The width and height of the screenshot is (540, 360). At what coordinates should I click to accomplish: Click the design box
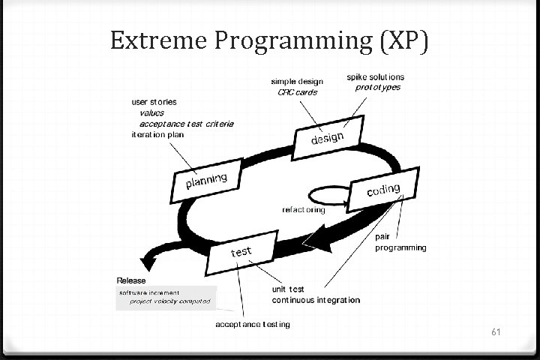(x=328, y=139)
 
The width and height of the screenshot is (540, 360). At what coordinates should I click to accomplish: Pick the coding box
(x=383, y=190)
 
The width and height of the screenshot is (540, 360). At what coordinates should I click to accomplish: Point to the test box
(x=241, y=251)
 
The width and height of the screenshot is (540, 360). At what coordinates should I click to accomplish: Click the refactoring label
(x=303, y=210)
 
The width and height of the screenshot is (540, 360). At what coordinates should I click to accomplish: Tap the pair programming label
(x=400, y=241)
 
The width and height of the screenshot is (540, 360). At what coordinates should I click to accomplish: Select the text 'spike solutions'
(x=375, y=76)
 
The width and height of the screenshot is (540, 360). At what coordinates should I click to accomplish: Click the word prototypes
(x=378, y=87)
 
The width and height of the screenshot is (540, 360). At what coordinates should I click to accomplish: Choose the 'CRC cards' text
(x=297, y=92)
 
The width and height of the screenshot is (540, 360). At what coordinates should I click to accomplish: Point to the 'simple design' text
(x=298, y=82)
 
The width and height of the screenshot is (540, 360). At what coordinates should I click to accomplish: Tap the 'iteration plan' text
(x=157, y=134)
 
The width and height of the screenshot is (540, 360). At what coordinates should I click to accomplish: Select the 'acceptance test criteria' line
(x=187, y=124)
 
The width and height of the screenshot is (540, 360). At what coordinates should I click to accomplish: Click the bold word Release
(x=131, y=280)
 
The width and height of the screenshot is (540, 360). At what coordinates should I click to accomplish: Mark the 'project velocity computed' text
(x=170, y=301)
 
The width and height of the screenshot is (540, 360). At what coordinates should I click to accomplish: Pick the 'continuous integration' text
(x=315, y=300)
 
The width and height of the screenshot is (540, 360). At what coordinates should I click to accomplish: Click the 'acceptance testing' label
(x=253, y=325)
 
